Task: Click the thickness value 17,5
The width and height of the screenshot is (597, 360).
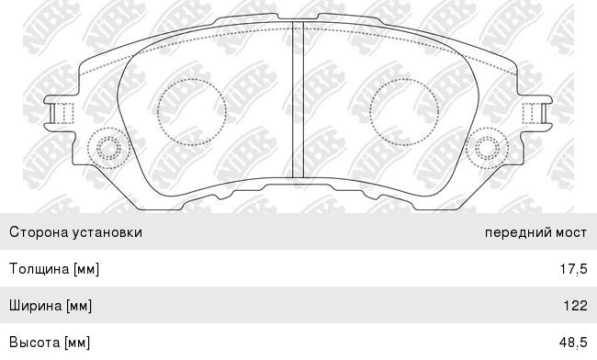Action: (573, 269)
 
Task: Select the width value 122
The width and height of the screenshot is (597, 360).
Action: (575, 306)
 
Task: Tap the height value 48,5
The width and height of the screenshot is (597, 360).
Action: (573, 343)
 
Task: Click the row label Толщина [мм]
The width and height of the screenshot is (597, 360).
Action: (54, 269)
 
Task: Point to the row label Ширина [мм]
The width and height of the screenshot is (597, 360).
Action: (51, 306)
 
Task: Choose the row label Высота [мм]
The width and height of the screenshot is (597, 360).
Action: (50, 343)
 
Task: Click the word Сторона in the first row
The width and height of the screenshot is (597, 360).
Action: (39, 232)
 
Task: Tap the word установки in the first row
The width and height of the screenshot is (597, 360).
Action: (107, 232)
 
